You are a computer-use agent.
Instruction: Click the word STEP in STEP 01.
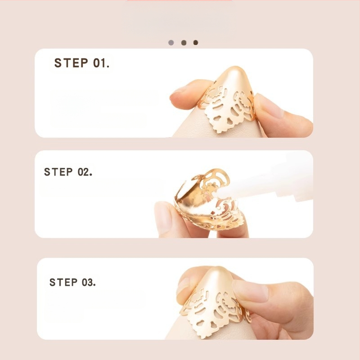[x=71, y=63]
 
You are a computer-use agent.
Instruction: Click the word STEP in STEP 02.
[x=58, y=172]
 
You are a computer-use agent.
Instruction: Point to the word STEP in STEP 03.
[x=63, y=282]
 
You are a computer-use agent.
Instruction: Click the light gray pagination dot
[x=171, y=43]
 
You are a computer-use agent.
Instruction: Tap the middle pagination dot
[x=184, y=43]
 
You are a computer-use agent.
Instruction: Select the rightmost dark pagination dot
[x=196, y=43]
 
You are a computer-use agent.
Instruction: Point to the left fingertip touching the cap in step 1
[x=178, y=96]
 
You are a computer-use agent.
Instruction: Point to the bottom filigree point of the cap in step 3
[x=202, y=336]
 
